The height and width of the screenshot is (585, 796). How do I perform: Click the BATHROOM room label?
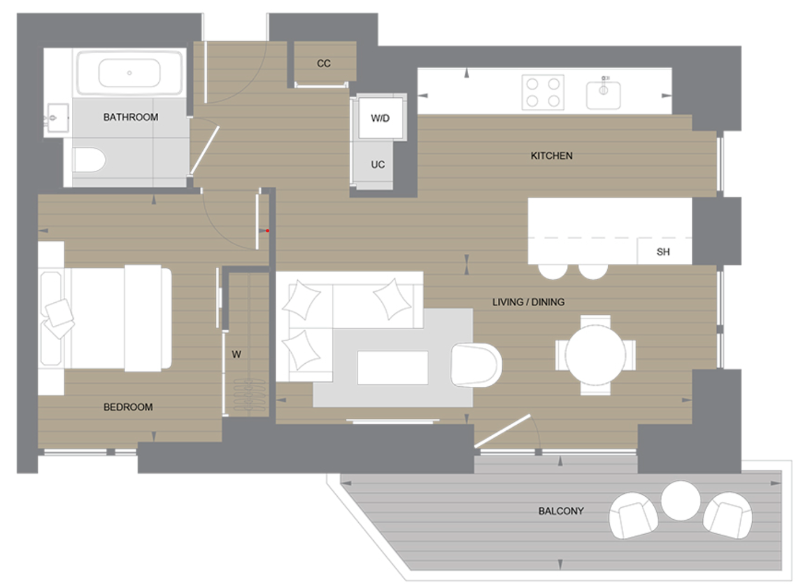131,117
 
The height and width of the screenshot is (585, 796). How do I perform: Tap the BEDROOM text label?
128,407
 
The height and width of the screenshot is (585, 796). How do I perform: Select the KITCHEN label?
551,155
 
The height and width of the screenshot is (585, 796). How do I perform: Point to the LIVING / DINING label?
528,302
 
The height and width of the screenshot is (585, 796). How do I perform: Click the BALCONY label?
561,511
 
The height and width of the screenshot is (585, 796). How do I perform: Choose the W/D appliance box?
380,118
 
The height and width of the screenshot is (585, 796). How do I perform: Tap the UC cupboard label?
378,165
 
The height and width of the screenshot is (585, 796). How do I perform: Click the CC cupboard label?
323,64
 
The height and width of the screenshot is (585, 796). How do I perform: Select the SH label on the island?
663,252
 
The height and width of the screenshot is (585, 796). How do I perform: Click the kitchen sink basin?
604,94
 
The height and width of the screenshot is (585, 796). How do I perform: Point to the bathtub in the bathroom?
130,73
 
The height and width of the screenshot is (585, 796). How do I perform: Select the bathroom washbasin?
56,119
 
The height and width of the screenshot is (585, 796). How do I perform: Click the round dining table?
595,354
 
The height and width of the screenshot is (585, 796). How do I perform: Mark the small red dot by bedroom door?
267,230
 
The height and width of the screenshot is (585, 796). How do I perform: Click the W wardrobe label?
236,354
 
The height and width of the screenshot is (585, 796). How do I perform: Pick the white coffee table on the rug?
392,367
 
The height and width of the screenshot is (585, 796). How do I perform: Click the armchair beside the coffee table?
476,364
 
